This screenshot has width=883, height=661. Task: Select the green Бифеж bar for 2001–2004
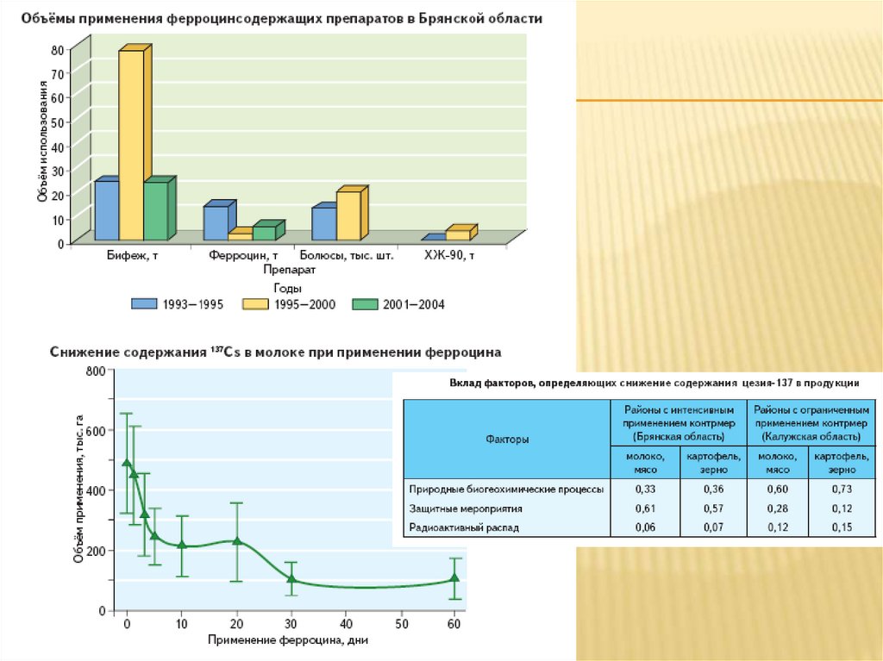click(x=155, y=211)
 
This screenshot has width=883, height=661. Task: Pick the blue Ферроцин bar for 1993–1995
click(x=215, y=222)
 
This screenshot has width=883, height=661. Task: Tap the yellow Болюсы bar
click(x=348, y=215)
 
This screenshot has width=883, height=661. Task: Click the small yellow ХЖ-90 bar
click(x=458, y=234)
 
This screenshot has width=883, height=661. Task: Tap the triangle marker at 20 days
click(x=237, y=541)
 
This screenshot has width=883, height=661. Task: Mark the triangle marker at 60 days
click(x=455, y=579)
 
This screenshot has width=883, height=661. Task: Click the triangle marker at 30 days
click(x=291, y=579)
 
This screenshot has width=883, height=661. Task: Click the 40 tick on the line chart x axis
click(x=347, y=623)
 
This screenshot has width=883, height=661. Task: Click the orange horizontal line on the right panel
click(x=729, y=101)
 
